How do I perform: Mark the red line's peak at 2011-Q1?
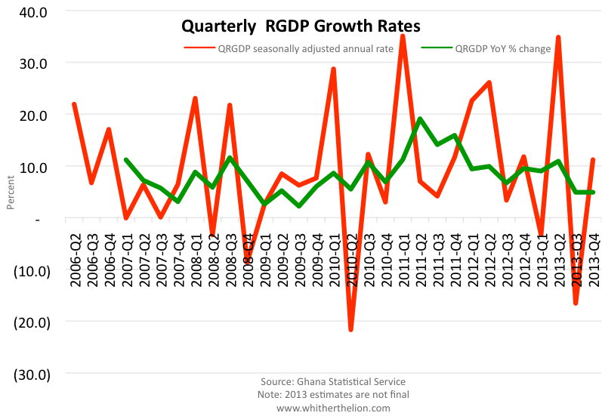click(x=403, y=35)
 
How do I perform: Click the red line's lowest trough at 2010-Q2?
click(x=351, y=329)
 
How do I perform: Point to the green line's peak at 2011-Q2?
click(x=420, y=119)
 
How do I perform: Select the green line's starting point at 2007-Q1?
click(x=126, y=159)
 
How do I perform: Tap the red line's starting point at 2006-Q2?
click(x=74, y=104)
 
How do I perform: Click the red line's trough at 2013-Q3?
click(x=576, y=303)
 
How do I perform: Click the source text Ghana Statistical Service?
click(x=332, y=382)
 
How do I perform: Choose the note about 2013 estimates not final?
click(x=332, y=395)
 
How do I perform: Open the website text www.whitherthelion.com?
click(x=332, y=408)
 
